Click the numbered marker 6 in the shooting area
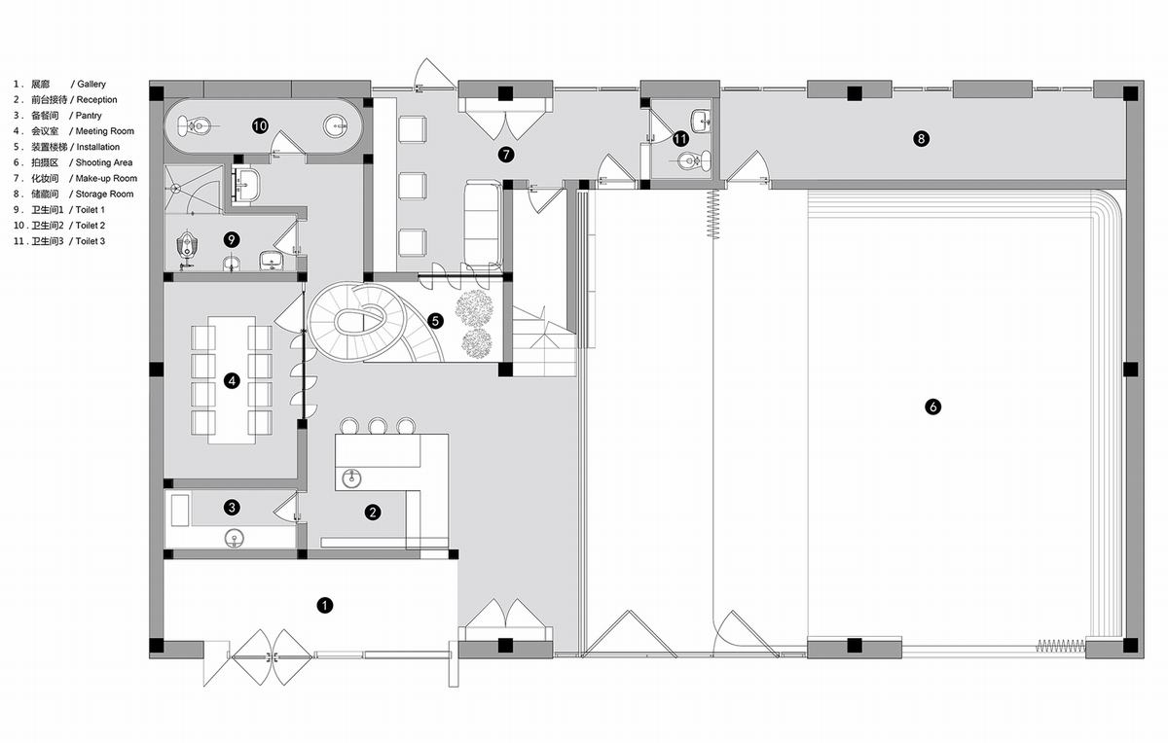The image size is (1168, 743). tap(932, 407)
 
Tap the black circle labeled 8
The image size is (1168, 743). tap(921, 139)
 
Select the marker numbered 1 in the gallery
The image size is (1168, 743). tap(325, 605)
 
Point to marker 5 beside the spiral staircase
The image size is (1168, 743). tap(435, 321)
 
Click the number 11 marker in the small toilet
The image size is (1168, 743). tap(680, 139)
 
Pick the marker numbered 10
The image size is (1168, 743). tap(260, 125)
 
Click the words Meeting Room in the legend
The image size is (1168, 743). tap(105, 131)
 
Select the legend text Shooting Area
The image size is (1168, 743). tap(104, 162)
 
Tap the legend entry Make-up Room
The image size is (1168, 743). tap(106, 178)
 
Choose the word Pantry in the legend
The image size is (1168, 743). tap(89, 116)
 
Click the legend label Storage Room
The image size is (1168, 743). tap(104, 194)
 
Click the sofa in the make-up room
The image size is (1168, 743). tap(483, 225)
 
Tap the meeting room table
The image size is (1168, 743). tap(232, 380)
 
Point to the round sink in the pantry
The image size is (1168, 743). tap(235, 538)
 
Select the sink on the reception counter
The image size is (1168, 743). tap(351, 478)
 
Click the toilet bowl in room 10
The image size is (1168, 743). tap(193, 126)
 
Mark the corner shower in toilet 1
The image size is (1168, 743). tap(194, 190)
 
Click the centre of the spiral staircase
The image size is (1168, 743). tap(360, 322)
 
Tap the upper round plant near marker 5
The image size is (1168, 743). tap(473, 307)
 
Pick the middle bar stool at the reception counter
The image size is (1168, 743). tap(378, 426)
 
